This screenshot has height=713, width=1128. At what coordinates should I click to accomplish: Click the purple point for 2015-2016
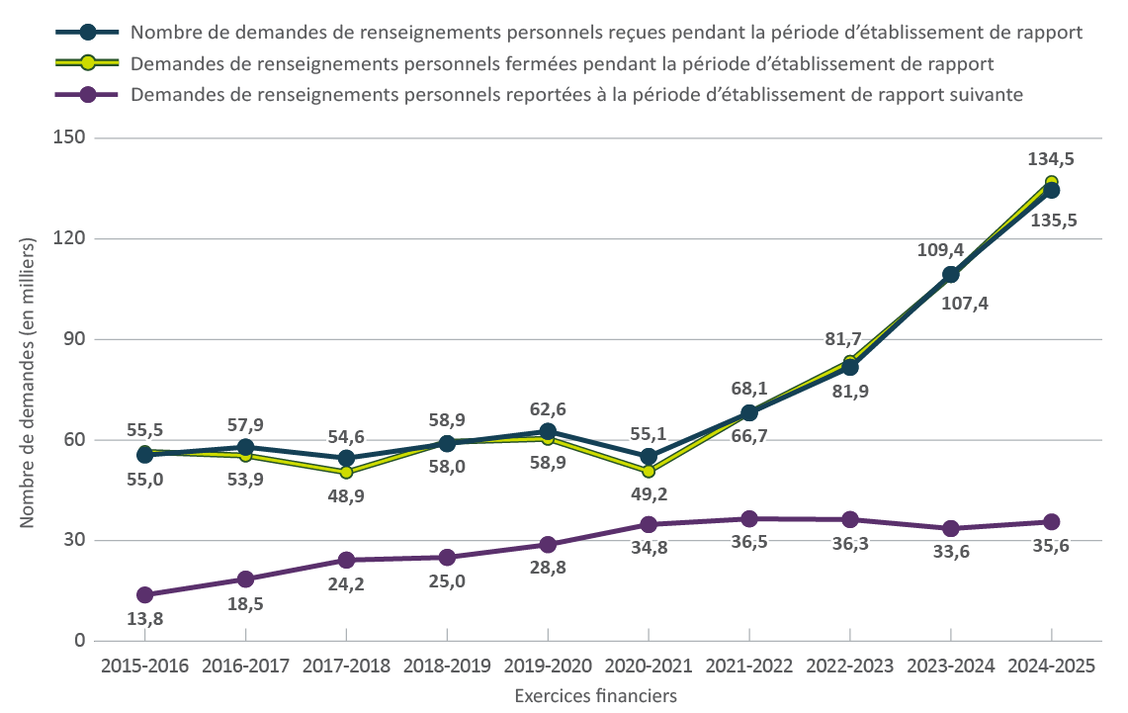[x=145, y=594]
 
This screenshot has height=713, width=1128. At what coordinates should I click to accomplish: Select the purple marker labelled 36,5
[x=749, y=519]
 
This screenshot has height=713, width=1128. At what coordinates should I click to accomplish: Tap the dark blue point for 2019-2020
[x=548, y=431]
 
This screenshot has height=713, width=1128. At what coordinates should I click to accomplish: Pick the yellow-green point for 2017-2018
[x=346, y=472]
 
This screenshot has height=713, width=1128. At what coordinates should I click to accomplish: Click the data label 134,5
[x=1051, y=158]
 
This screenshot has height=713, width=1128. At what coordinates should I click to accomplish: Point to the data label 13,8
[x=145, y=619]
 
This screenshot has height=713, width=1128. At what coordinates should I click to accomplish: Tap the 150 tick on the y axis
[x=68, y=137]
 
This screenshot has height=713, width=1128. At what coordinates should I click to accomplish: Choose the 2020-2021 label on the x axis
[x=648, y=667]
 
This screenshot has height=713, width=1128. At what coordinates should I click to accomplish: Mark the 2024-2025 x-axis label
[x=1051, y=667]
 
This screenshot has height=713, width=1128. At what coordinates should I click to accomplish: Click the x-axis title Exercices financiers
[x=596, y=695]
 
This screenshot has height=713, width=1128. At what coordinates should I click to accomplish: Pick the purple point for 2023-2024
[x=951, y=528]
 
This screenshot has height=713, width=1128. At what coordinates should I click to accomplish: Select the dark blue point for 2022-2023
[x=850, y=367]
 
